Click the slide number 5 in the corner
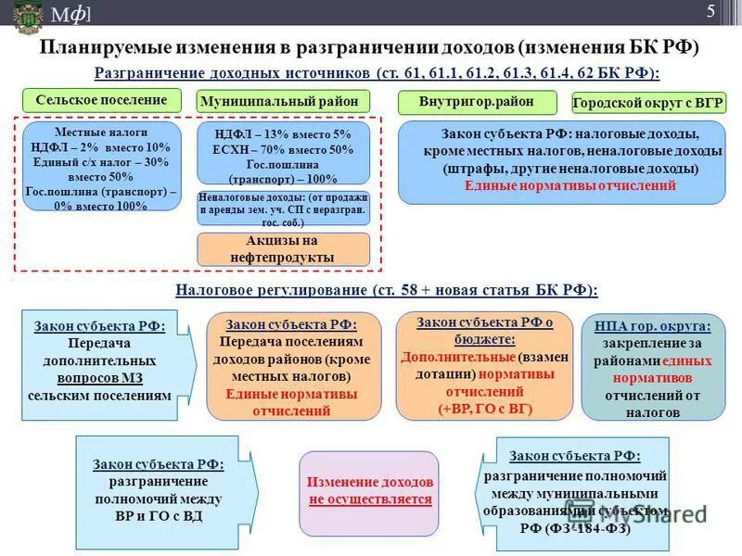click(x=710, y=11)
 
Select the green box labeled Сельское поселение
click(x=102, y=100)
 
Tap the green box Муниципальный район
click(x=283, y=101)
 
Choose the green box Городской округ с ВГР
click(x=648, y=103)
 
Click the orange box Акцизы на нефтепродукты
click(x=283, y=249)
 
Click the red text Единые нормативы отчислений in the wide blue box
click(x=570, y=185)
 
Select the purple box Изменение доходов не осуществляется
click(x=369, y=492)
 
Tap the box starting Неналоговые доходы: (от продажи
click(x=283, y=209)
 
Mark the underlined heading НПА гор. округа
click(x=653, y=326)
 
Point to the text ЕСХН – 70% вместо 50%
click(x=283, y=149)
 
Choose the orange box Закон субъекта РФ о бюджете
click(x=483, y=366)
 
